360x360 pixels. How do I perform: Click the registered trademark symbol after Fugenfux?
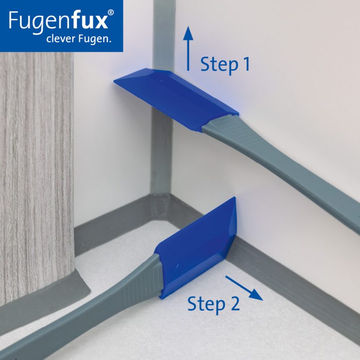[111, 13]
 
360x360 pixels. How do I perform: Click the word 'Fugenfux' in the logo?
[58, 21]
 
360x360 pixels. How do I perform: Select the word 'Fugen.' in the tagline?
[94, 39]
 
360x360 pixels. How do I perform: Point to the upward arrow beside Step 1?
[188, 49]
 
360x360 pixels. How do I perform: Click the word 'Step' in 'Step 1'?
[219, 65]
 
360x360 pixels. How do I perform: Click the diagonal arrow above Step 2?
[244, 288]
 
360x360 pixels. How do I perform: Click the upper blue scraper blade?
[176, 99]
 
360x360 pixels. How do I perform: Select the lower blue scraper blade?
[196, 248]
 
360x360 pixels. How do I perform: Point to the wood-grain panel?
[36, 175]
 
